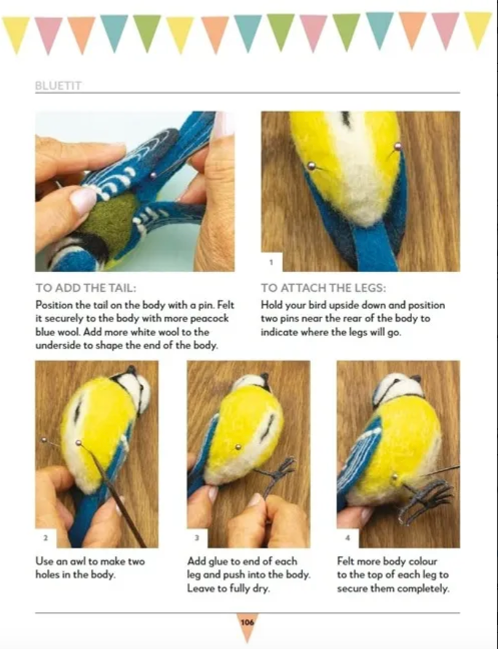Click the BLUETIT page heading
[x=58, y=86]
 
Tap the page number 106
[x=247, y=623]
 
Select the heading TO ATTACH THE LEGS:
[x=323, y=288]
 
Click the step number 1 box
[x=271, y=262]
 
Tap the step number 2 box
[x=45, y=538]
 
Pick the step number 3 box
[x=197, y=538]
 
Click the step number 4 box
[x=347, y=538]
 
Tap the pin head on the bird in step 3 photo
[x=238, y=447]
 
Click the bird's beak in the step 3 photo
[x=265, y=381]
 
